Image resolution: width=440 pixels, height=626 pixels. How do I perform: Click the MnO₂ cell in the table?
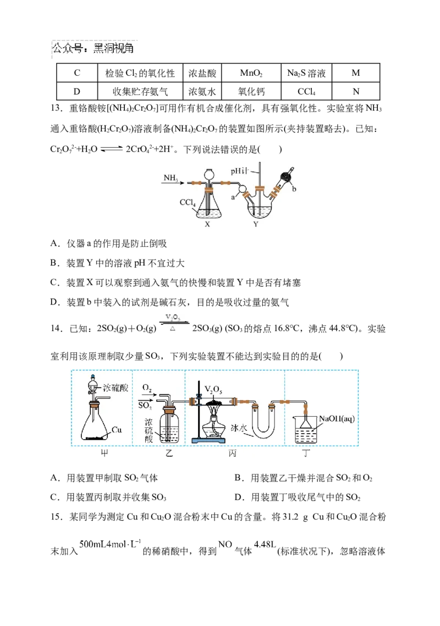tap(251, 73)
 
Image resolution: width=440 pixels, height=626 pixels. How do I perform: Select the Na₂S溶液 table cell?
tap(306, 73)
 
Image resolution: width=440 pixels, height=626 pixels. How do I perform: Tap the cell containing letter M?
tap(356, 73)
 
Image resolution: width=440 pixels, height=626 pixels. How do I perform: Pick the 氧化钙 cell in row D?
tap(251, 91)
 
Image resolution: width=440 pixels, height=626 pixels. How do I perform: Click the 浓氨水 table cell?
tap(202, 91)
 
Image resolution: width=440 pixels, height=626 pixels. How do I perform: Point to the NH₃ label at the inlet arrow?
tap(170, 178)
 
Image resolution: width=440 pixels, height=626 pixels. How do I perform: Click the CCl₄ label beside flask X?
tap(188, 202)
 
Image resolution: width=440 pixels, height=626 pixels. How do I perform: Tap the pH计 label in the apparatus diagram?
tap(239, 171)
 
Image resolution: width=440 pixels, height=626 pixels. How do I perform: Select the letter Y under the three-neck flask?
tap(256, 224)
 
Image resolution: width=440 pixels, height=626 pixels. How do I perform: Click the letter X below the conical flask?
tap(207, 224)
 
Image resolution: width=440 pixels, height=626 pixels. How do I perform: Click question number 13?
tap(57, 108)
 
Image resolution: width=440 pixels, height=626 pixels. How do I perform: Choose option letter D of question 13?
tap(55, 302)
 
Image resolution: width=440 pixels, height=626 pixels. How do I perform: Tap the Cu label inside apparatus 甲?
tap(117, 430)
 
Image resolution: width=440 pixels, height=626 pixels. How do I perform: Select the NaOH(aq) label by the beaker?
tap(337, 419)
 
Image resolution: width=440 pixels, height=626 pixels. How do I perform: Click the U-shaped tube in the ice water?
tap(263, 431)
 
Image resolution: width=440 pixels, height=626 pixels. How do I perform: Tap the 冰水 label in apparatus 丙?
tap(239, 428)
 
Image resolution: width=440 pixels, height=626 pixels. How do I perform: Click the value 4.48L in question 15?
tap(265, 544)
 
